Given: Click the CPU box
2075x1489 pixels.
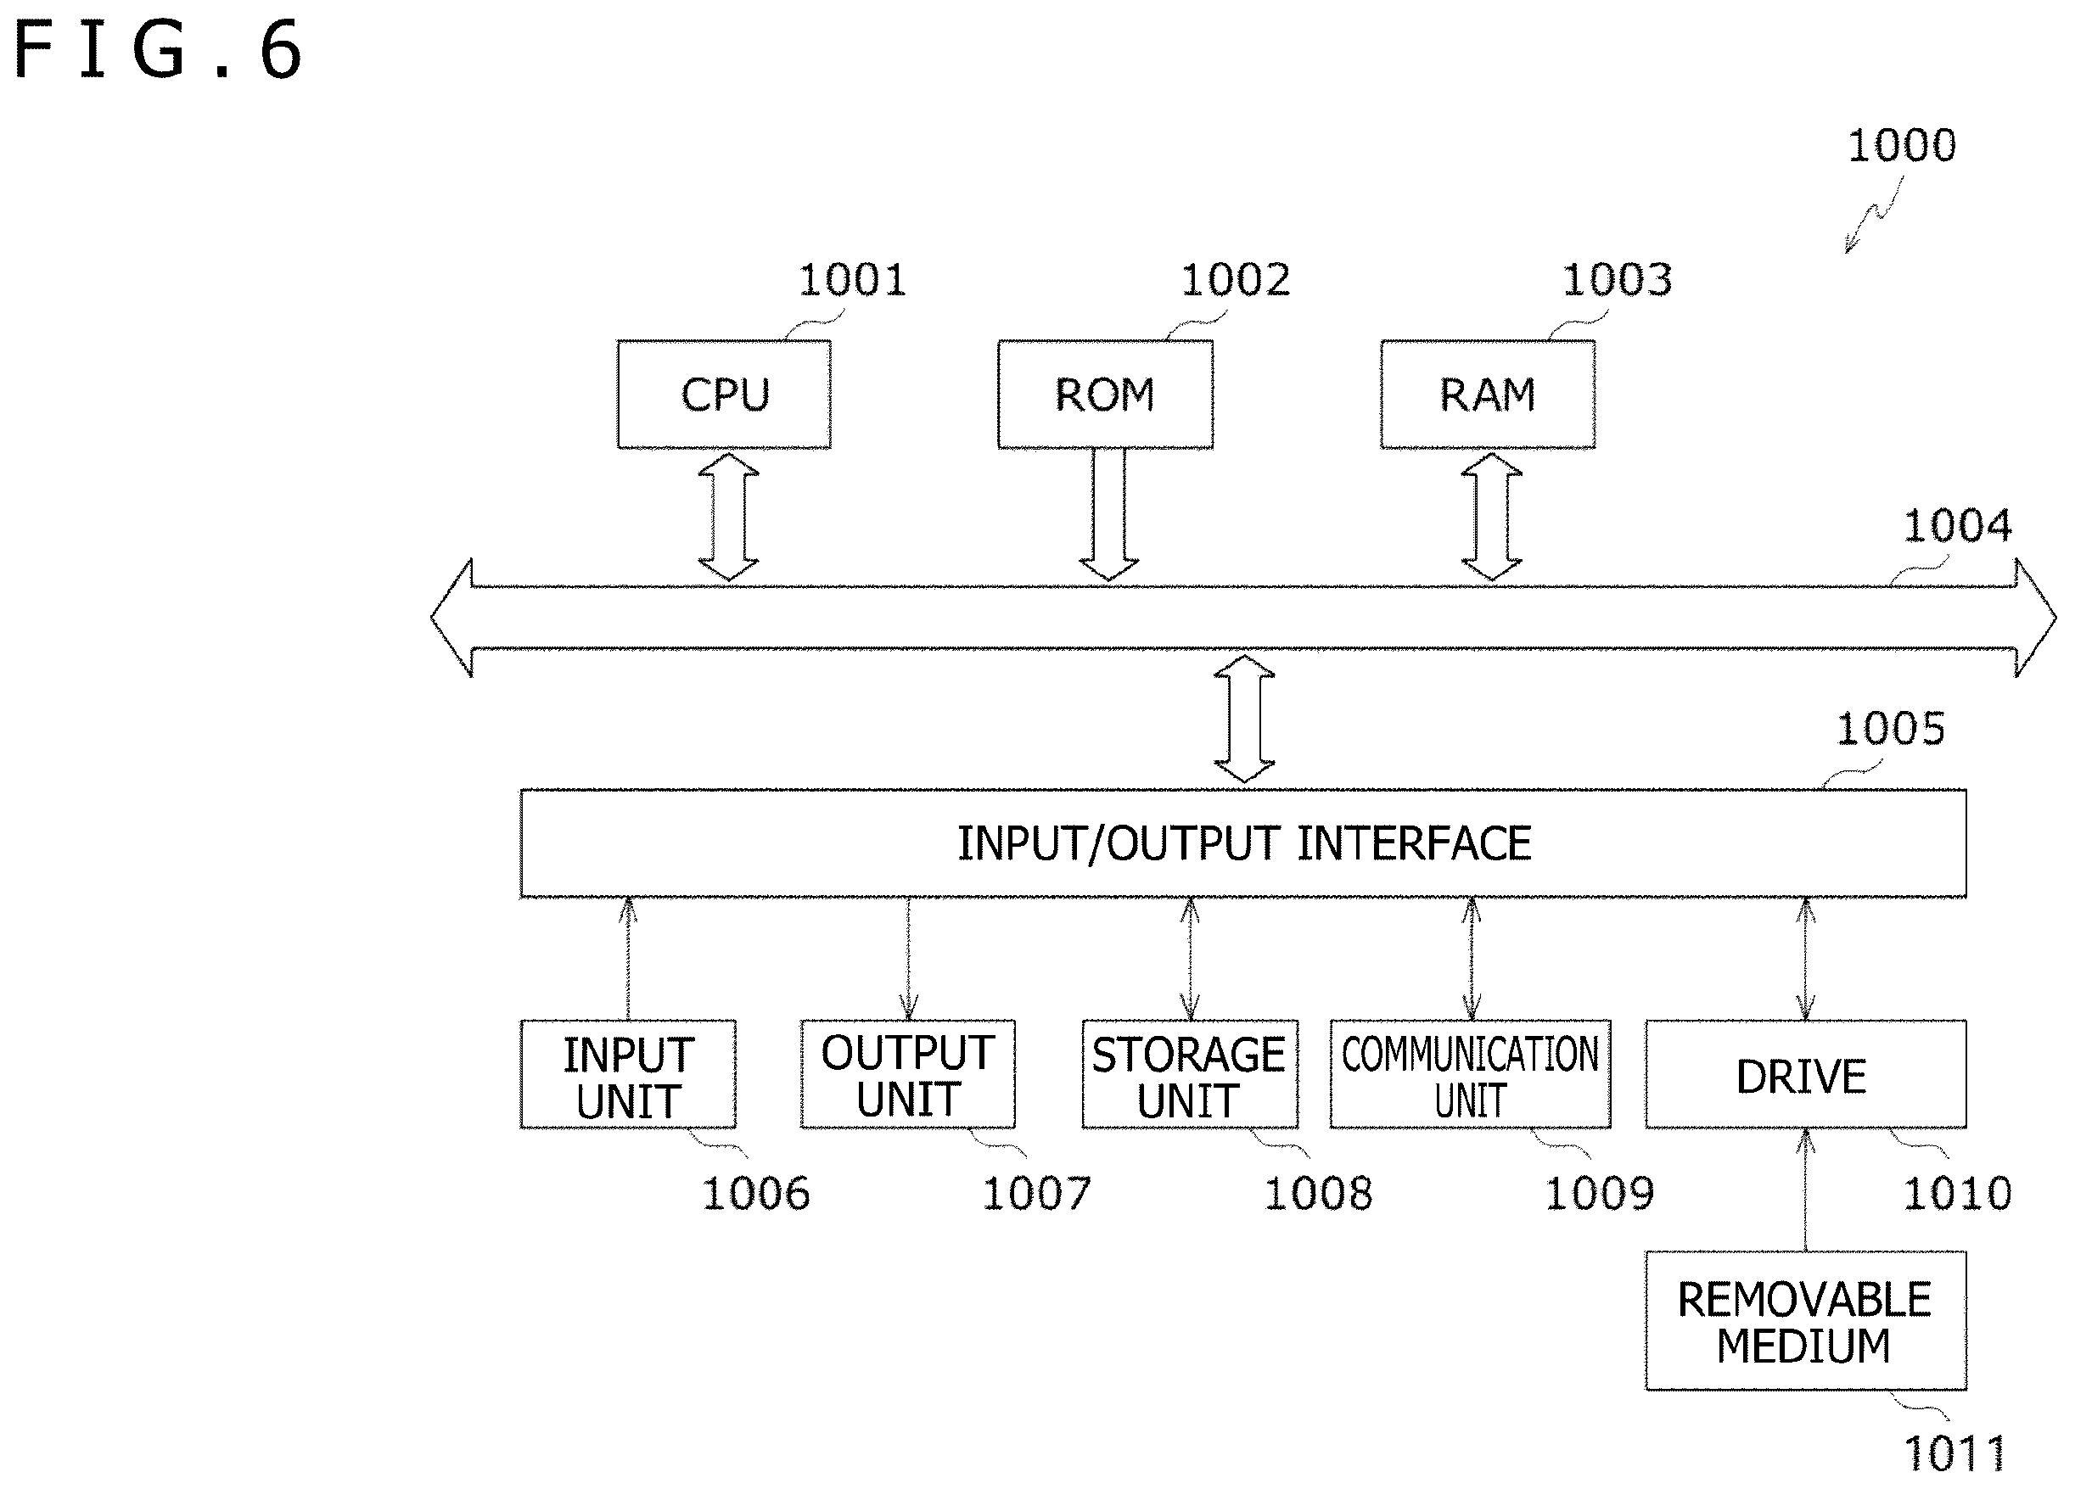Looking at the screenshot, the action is pos(724,395).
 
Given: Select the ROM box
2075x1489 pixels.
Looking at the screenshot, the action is pos(1105,395).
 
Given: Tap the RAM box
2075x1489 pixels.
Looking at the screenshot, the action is pos(1488,395).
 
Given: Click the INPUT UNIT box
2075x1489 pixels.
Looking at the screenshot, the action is pos(628,1075).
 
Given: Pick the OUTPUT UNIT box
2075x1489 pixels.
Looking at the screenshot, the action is pos(907,1075).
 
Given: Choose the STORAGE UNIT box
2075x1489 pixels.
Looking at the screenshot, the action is pos(1189,1075).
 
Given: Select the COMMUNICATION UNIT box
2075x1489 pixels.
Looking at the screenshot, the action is pos(1470,1075).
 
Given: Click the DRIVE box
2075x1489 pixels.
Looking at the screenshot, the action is pos(1805,1075).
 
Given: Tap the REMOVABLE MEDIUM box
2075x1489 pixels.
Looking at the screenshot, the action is pos(1805,1321).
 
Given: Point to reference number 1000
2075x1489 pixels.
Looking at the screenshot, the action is pos(1901,145).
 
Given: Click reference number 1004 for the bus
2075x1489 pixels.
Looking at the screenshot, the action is pos(1957,526).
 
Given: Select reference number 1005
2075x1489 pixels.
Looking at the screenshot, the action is pos(1890,729).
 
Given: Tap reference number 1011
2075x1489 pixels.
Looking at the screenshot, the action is pos(1955,1453).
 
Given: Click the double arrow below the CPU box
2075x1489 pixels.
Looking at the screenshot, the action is pos(728,517).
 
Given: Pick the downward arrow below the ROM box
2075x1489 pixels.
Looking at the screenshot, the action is pos(1109,515).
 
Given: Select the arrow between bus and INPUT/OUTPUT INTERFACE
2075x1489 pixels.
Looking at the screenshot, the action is pos(1244,719).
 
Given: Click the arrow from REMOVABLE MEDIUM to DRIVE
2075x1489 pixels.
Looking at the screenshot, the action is pos(1805,1190).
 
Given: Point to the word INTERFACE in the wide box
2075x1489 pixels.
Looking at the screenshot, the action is pos(1414,843).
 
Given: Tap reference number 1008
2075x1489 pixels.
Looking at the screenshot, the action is pos(1317,1194).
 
